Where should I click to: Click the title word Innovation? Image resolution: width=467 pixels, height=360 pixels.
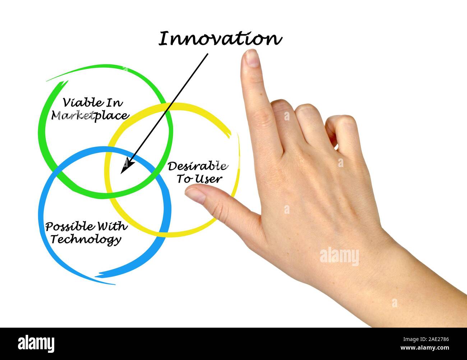point(220,39)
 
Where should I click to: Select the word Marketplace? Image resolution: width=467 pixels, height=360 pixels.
point(90,116)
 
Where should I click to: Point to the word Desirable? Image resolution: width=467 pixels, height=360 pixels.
point(197,166)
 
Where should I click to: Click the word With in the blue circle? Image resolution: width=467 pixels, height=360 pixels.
point(112,226)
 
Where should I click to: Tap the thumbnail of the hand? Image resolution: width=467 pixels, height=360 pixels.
point(194,195)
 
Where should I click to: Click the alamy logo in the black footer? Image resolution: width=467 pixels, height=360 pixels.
point(36,343)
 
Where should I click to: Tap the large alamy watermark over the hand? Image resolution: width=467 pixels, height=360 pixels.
point(339,257)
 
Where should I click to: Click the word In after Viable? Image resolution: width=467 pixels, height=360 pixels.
point(115,103)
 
